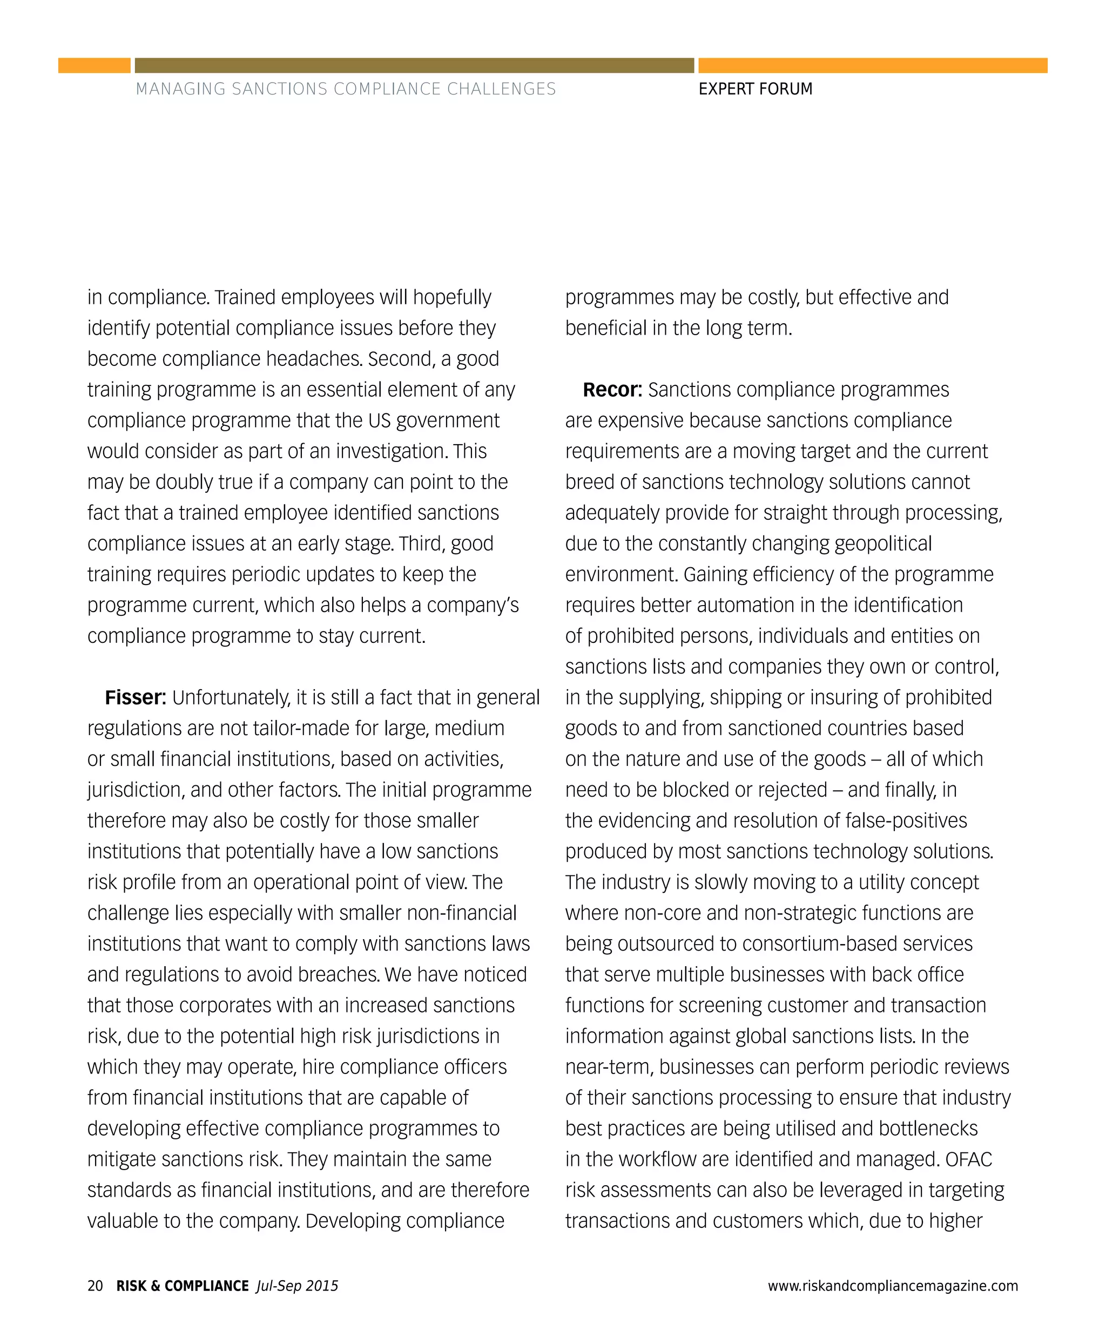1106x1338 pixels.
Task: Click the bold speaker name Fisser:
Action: [x=135, y=697]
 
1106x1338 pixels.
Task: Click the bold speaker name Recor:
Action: [x=612, y=389]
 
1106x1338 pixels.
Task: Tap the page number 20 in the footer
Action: [x=95, y=1286]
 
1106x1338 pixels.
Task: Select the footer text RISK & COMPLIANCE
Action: [x=182, y=1286]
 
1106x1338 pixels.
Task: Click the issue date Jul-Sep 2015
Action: [x=297, y=1286]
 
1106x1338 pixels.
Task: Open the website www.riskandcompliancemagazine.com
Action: [x=893, y=1286]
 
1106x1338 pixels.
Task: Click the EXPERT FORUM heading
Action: [x=755, y=89]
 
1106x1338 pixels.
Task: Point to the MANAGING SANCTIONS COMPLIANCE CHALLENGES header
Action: [x=346, y=89]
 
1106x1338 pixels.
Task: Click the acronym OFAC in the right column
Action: [x=968, y=1159]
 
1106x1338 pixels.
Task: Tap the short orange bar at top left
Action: [x=95, y=66]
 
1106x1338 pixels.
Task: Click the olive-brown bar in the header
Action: [x=414, y=66]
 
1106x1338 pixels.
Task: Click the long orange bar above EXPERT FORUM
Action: [x=873, y=66]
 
